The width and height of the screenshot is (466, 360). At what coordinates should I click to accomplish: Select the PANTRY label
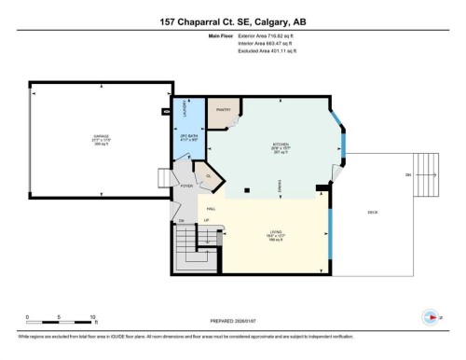223,110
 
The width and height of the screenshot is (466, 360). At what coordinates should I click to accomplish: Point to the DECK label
373,214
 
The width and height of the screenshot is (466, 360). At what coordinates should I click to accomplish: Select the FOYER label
185,186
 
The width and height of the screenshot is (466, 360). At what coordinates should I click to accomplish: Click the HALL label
212,207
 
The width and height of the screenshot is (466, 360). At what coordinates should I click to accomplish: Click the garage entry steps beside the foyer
162,178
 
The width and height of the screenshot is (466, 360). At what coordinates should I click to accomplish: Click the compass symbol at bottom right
430,314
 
